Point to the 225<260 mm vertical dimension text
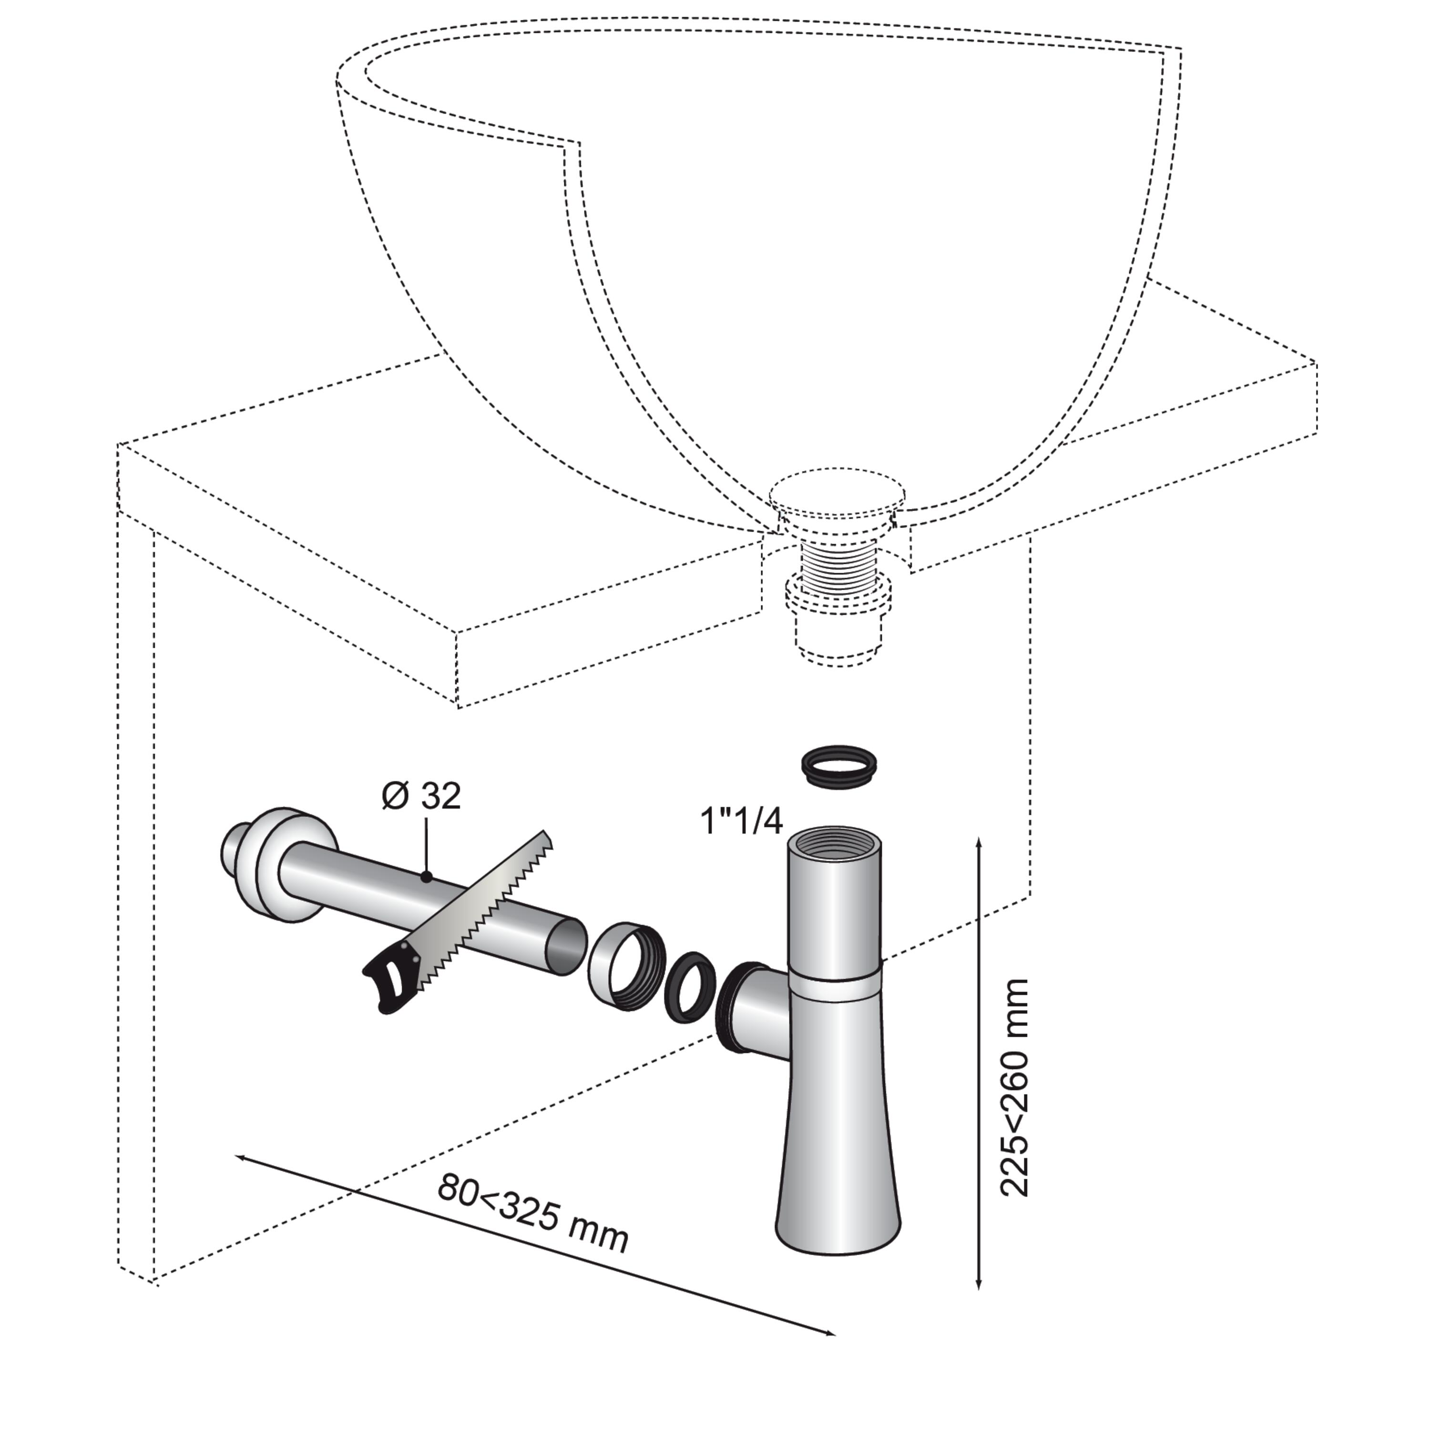[x=1014, y=1088]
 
